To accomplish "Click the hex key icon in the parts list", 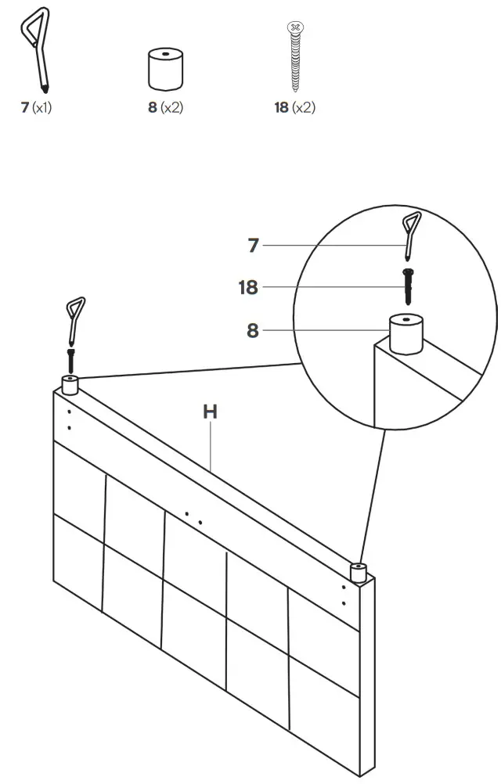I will point(34,49).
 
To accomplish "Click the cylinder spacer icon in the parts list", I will point(165,70).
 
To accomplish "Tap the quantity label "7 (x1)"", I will point(36,108).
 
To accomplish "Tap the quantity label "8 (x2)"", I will point(165,108).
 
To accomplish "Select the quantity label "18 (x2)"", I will point(294,108).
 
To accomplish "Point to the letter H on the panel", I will point(210,412).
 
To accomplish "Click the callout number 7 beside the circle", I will point(253,246).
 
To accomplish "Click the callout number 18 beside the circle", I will point(248,288).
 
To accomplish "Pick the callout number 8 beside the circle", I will point(253,330).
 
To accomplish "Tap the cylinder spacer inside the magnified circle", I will point(406,334).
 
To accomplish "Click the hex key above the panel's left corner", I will point(75,319).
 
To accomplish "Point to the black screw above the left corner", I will point(71,361).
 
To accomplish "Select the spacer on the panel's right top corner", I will point(359,572).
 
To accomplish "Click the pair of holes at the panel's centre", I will point(193,518).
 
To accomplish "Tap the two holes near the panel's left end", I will point(70,419).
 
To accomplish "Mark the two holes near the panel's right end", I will point(344,595).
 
